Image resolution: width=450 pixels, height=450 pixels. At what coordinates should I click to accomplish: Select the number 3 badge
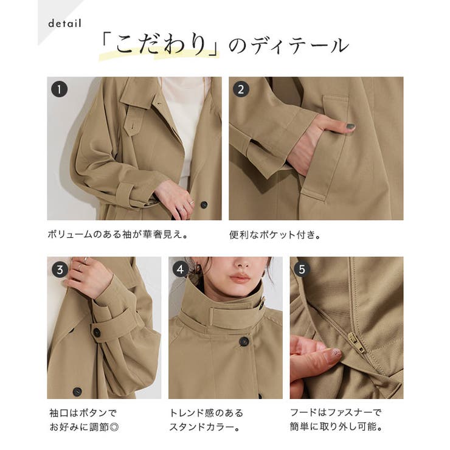pyautogui.click(x=60, y=269)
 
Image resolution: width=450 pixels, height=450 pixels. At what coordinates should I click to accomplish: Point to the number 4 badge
pyautogui.click(x=181, y=269)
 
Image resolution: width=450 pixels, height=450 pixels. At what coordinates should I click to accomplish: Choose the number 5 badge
pyautogui.click(x=302, y=269)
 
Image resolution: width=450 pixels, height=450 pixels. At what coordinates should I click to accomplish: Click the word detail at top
pyautogui.click(x=65, y=24)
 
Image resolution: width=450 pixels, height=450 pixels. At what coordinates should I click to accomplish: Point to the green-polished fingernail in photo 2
pyautogui.click(x=350, y=126)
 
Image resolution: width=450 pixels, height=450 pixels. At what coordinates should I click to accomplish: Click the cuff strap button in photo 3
pyautogui.click(x=97, y=332)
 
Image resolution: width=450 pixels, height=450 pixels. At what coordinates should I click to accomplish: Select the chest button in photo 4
pyautogui.click(x=244, y=341)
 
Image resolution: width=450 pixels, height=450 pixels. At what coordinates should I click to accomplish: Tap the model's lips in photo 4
pyautogui.click(x=240, y=277)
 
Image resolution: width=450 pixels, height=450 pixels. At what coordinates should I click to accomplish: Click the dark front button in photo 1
pyautogui.click(x=204, y=204)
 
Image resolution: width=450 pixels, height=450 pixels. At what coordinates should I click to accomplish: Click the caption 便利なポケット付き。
pyautogui.click(x=275, y=235)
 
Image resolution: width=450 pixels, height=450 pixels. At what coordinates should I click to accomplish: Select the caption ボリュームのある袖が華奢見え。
pyautogui.click(x=118, y=235)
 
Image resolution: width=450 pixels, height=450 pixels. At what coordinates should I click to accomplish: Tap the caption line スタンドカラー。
pyautogui.click(x=204, y=427)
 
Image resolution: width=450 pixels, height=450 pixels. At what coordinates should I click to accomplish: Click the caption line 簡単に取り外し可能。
pyautogui.click(x=336, y=427)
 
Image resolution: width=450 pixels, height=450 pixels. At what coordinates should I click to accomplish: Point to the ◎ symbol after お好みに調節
pyautogui.click(x=114, y=427)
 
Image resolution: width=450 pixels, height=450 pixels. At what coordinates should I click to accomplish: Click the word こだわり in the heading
pyautogui.click(x=161, y=45)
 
